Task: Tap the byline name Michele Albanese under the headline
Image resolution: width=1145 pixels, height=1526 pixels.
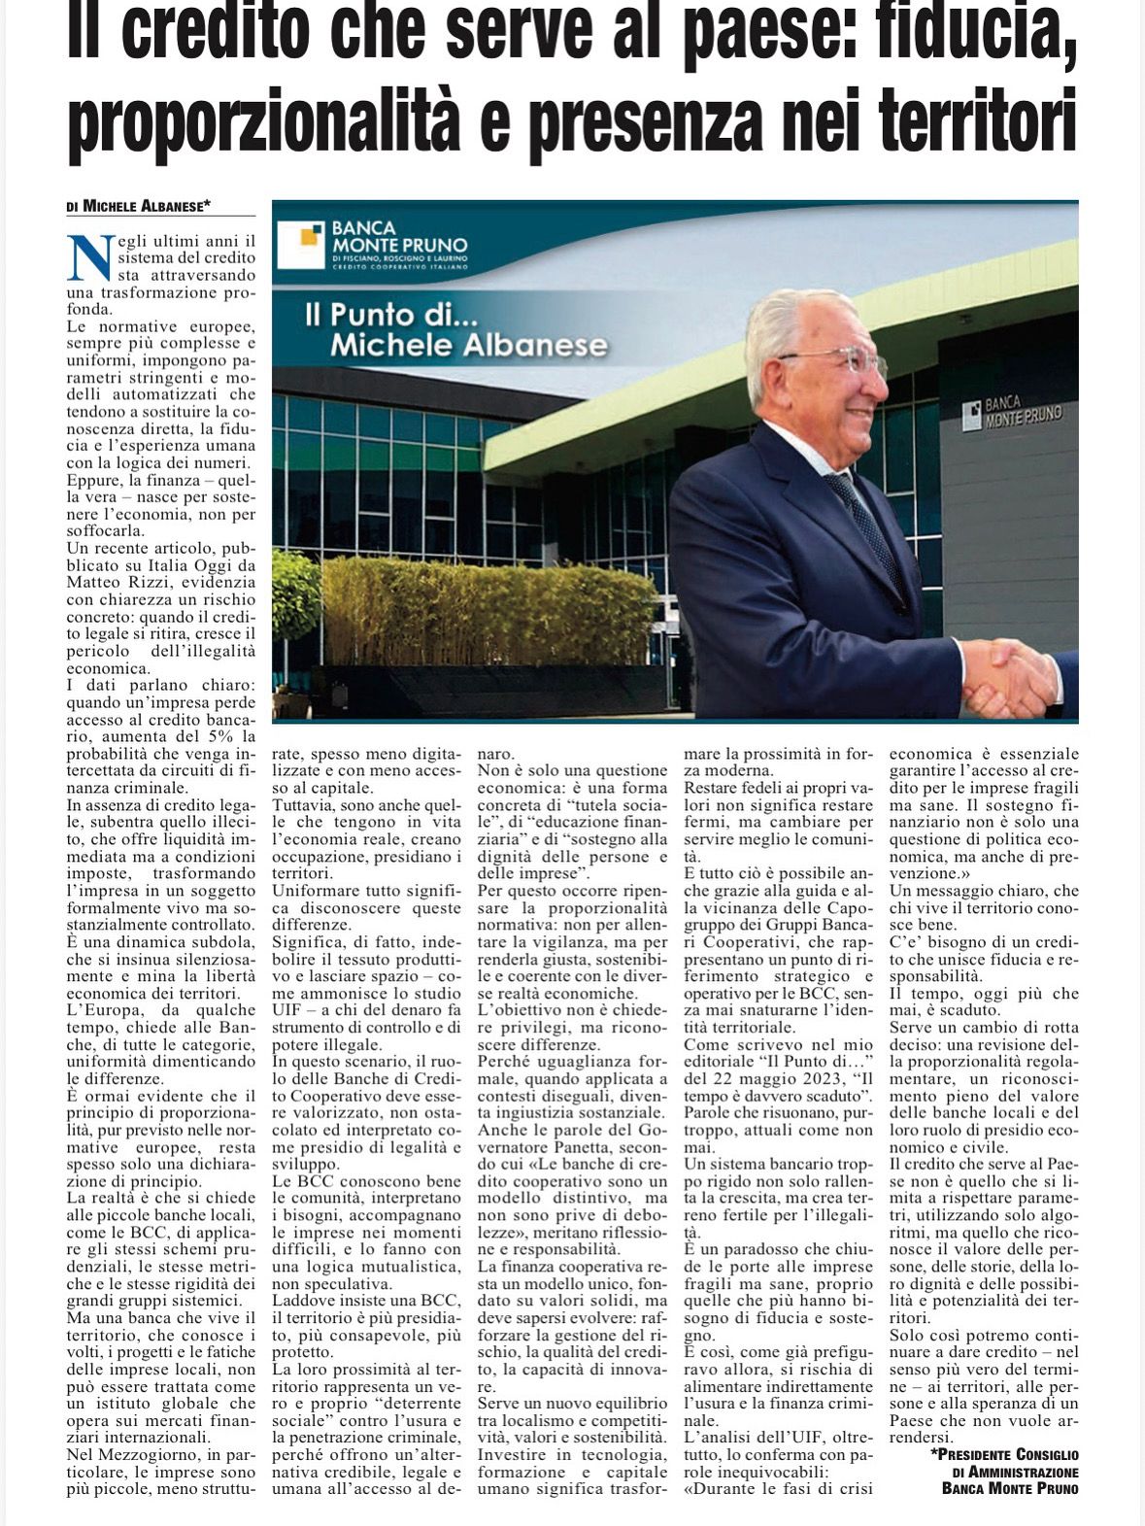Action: [x=146, y=206]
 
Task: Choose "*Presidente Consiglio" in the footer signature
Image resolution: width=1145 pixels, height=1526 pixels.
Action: [x=1004, y=1454]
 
